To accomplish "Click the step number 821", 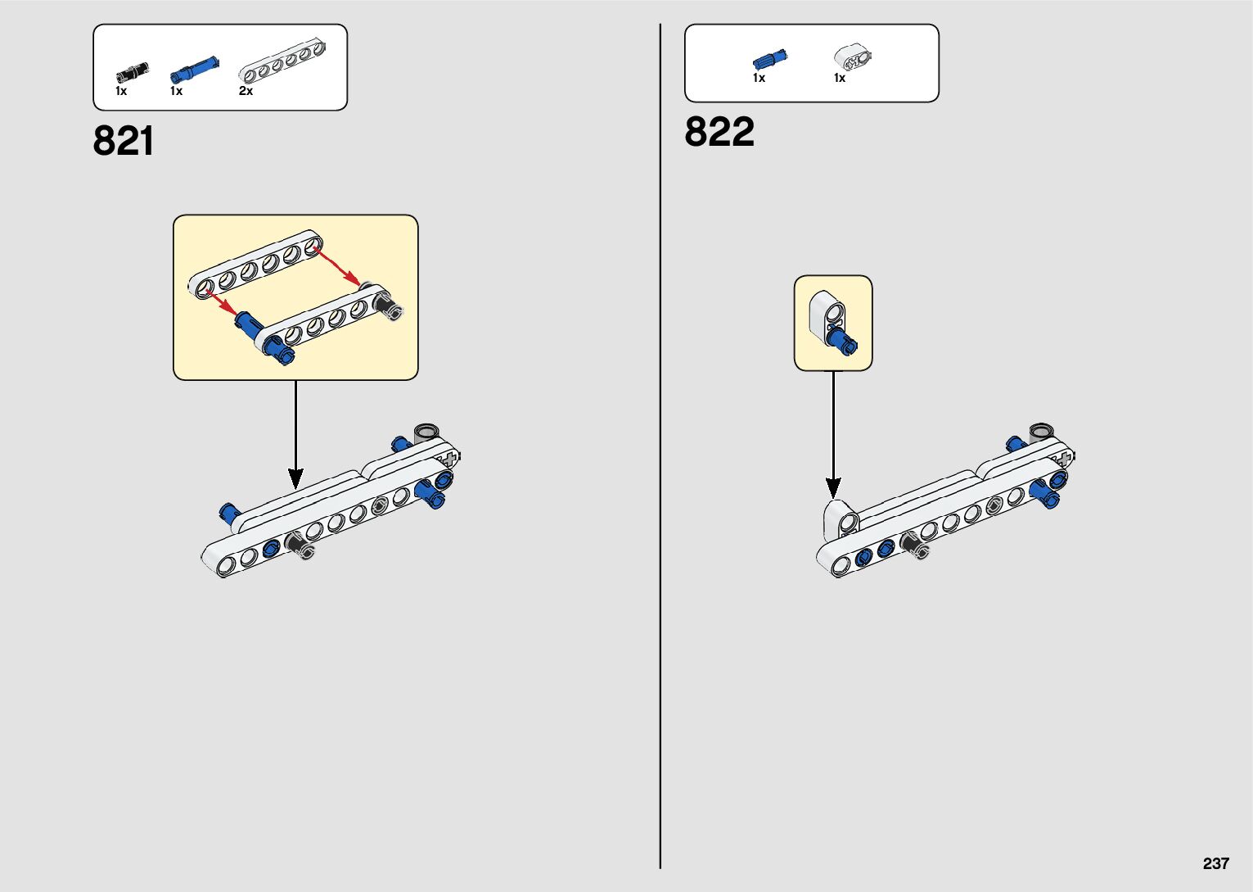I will click(x=124, y=141).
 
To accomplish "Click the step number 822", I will click(x=719, y=132).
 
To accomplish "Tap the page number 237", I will click(x=1216, y=863).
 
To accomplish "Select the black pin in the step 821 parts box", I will click(x=131, y=72).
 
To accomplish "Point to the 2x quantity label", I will click(x=246, y=91).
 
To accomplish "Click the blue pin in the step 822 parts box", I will click(x=769, y=59).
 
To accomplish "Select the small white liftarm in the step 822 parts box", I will click(x=853, y=57).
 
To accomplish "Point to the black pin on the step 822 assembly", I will click(x=912, y=545).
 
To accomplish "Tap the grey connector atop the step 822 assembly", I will click(x=1041, y=432).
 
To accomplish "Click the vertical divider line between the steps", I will click(x=660, y=446).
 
